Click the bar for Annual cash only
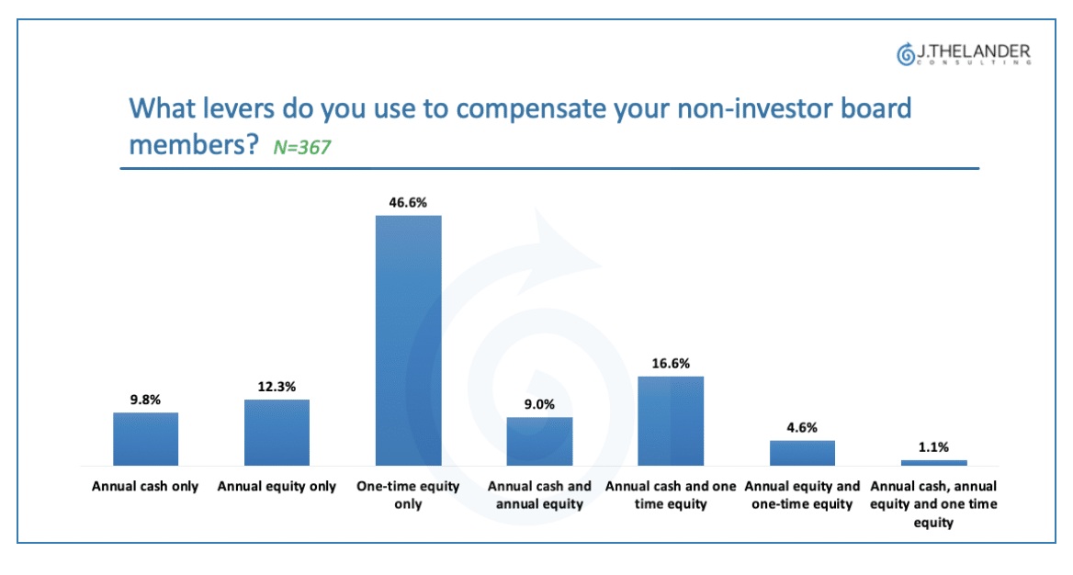145,439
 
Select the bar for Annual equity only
277,433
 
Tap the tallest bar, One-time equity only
409,341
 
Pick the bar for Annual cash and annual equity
539,442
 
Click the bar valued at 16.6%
671,421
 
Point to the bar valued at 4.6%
802,453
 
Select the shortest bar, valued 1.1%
933,463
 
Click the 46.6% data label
408,203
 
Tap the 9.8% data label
146,400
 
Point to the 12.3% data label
277,387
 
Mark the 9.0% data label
539,404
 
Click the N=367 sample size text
301,147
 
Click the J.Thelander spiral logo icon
906,54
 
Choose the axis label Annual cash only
145,487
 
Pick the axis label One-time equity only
408,495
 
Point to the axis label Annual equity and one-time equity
802,495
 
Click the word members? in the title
194,145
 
